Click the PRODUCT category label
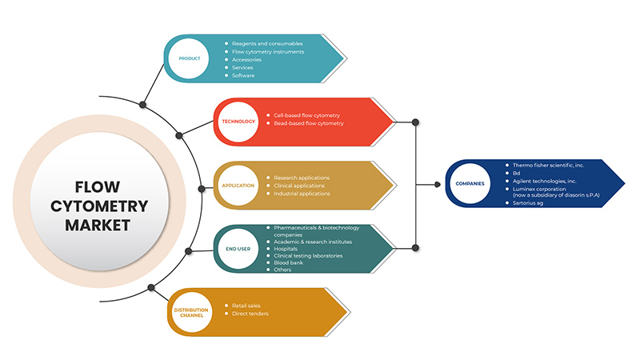[x=190, y=58]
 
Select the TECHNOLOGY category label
[x=238, y=122]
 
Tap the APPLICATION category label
[x=238, y=186]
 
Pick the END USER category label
[x=239, y=249]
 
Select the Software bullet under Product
[x=244, y=75]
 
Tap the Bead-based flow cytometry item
[x=308, y=123]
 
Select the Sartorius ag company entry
[x=530, y=203]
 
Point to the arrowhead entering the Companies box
[x=438, y=184]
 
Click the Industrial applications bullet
[x=302, y=194]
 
